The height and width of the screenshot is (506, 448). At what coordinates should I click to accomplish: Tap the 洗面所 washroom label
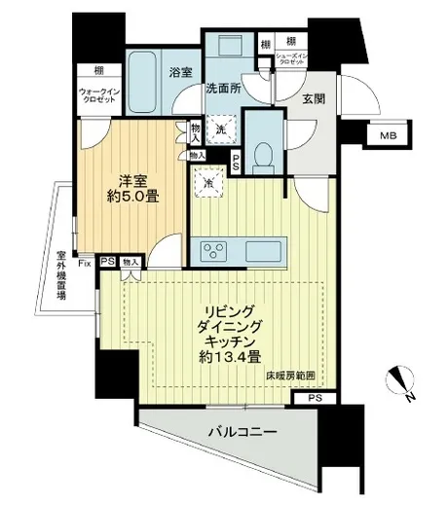tap(222, 86)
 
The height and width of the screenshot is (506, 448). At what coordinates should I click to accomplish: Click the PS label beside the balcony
tap(314, 398)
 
